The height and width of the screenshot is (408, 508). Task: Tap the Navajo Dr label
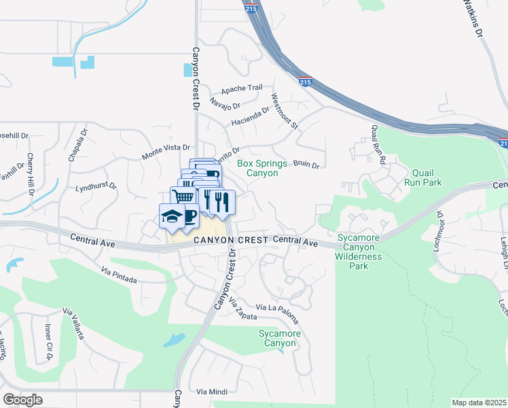tap(225, 105)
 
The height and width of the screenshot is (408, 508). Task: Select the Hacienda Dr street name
tap(251, 117)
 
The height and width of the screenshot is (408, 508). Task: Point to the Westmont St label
tap(285, 111)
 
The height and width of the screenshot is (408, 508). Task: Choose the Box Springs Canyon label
tap(257, 168)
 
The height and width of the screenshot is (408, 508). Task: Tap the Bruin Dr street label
tap(306, 164)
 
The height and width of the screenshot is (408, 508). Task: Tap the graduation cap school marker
tap(169, 216)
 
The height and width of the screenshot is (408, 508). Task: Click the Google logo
tap(23, 399)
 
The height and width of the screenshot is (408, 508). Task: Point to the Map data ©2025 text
tap(479, 403)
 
